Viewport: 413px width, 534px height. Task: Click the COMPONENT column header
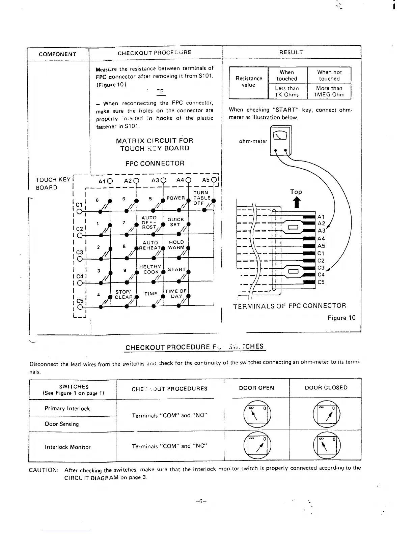coord(57,54)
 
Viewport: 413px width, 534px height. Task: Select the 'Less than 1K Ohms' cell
coord(287,91)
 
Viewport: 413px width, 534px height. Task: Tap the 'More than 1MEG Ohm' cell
coord(329,91)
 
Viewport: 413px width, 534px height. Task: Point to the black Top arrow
coord(296,203)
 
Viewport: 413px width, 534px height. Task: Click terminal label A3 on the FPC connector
coord(321,231)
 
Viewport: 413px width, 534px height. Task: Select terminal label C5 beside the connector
coord(321,282)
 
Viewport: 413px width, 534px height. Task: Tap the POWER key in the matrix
coord(176,198)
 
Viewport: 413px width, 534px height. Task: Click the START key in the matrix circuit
coord(177,269)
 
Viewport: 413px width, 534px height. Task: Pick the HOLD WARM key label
coord(176,245)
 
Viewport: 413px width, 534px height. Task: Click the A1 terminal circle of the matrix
coord(110,180)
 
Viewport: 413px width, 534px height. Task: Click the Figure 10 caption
coord(341,318)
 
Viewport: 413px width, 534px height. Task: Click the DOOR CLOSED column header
coord(326,388)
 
